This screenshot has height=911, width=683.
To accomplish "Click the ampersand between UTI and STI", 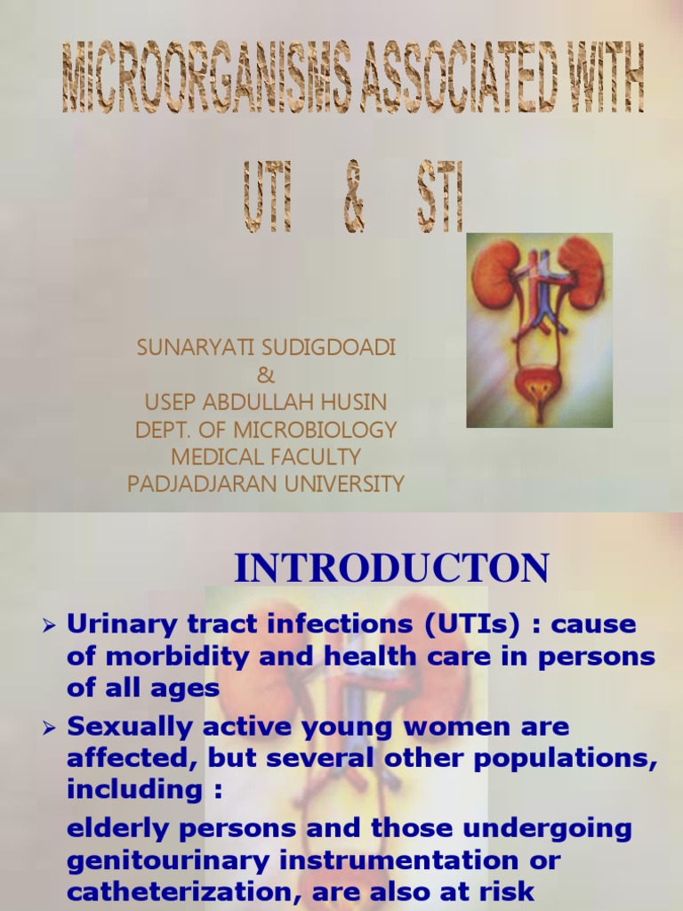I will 353,204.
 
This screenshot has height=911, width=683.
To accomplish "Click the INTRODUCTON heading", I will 391,568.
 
